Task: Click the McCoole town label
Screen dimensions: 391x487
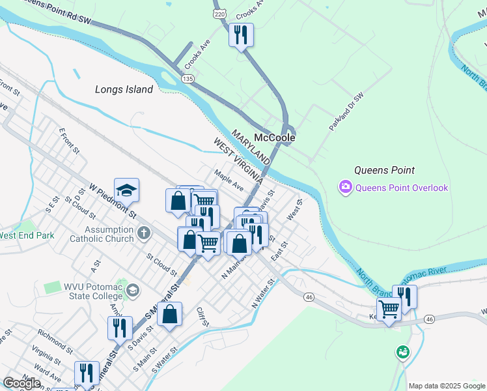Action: pos(274,138)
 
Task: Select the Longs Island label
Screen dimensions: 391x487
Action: pos(124,90)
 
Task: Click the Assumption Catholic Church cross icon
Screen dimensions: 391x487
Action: pos(144,232)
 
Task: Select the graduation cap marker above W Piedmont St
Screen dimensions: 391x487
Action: pos(127,190)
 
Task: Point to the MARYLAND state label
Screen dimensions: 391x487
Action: pos(250,147)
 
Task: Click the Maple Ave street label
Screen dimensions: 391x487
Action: pos(228,180)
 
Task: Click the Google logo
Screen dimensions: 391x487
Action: pos(21,383)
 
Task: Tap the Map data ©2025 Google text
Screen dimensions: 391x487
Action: pos(446,386)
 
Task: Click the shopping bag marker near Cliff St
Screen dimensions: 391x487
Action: pos(169,315)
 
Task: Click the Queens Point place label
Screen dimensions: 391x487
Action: pos(384,170)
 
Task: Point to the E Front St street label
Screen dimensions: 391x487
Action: pos(68,141)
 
